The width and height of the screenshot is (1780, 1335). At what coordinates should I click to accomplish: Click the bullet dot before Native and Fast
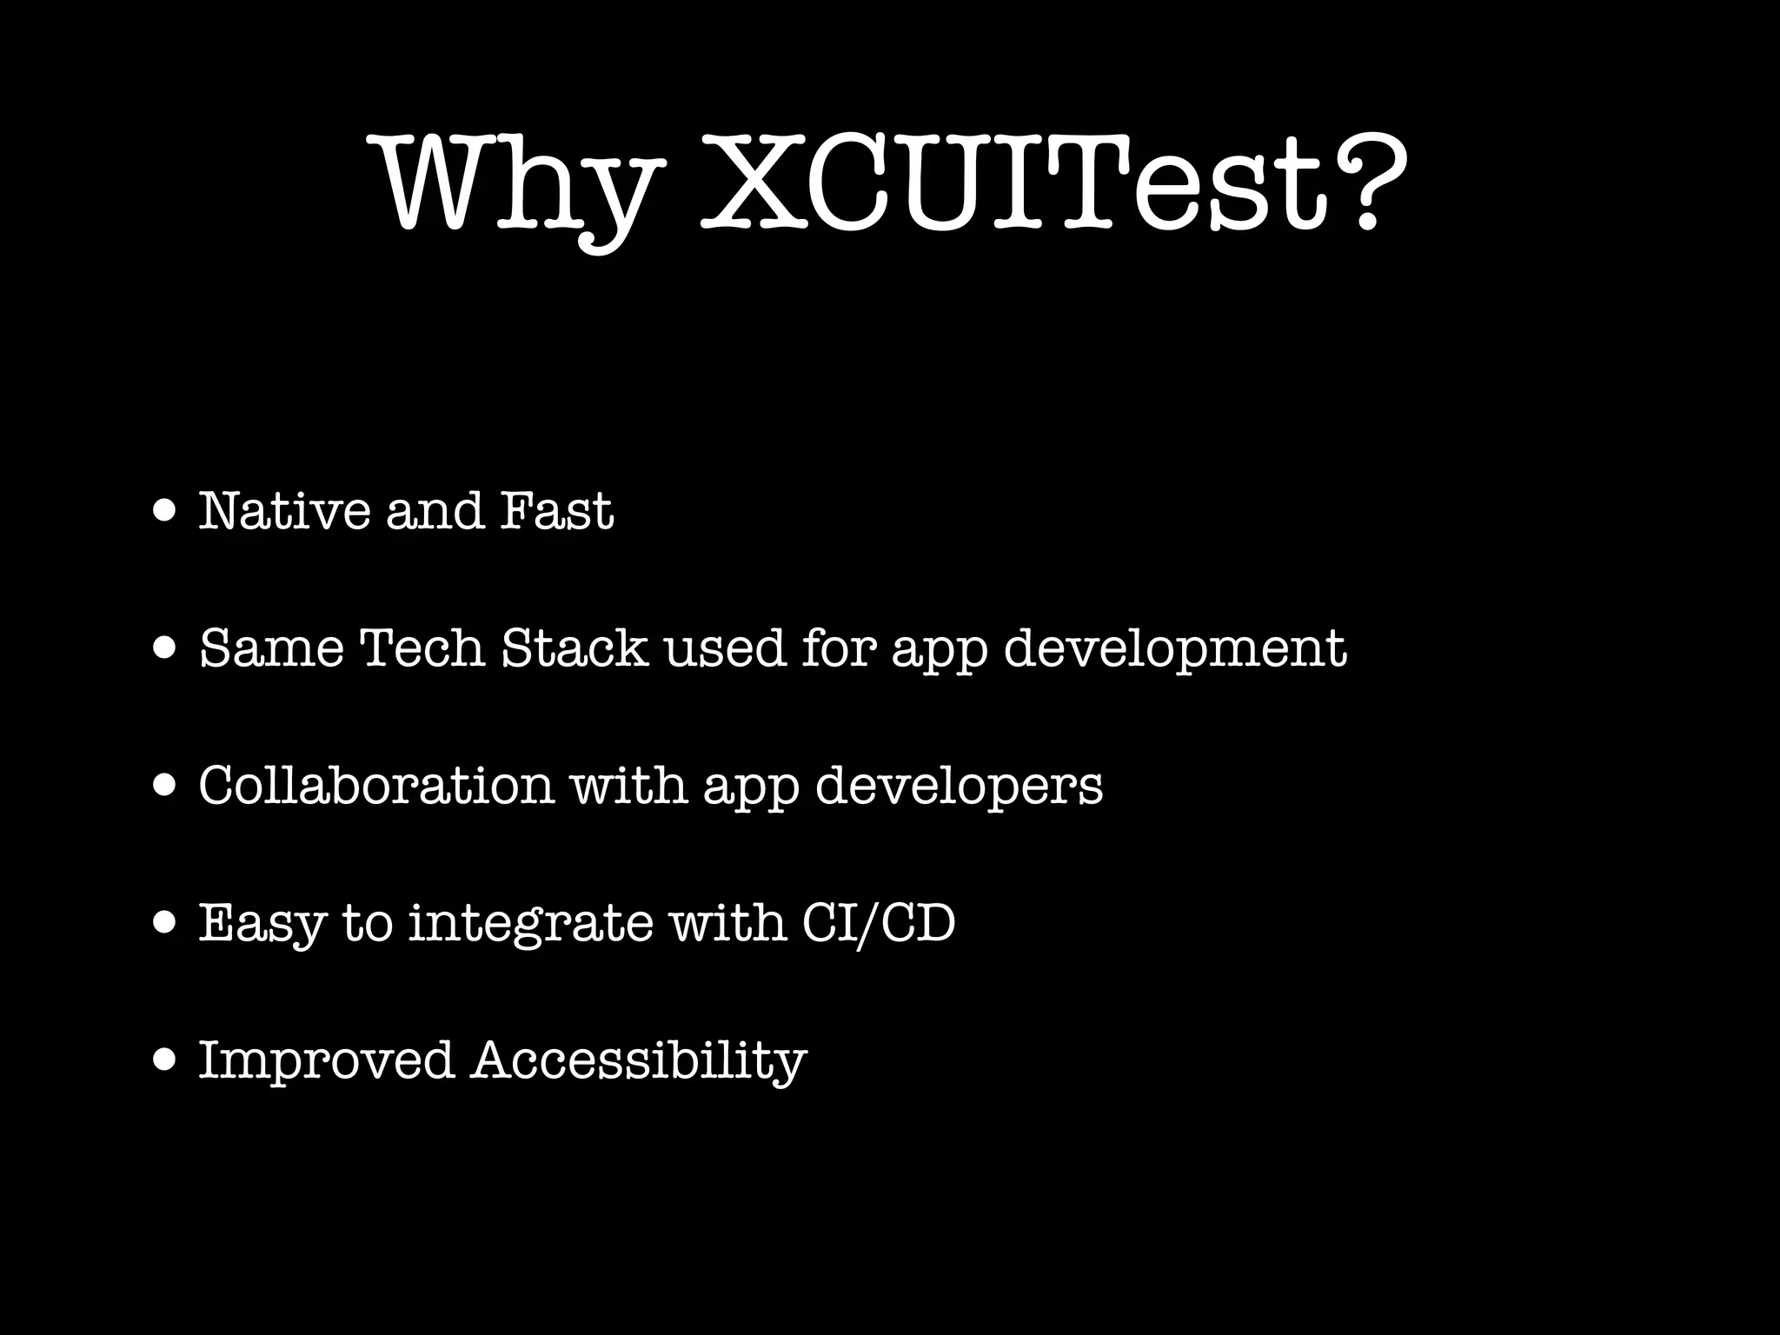(x=164, y=511)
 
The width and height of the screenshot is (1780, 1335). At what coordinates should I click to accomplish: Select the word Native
(x=284, y=511)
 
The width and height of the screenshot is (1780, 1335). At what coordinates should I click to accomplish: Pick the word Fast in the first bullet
(x=557, y=511)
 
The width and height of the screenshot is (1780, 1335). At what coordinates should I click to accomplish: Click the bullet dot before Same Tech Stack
(x=164, y=648)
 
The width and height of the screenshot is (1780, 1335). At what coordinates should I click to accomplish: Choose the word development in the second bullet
(x=1175, y=648)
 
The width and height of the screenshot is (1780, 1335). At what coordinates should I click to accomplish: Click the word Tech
(x=422, y=648)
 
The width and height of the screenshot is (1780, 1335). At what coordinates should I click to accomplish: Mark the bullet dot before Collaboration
(x=164, y=786)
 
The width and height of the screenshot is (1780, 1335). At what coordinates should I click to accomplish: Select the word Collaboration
(x=376, y=785)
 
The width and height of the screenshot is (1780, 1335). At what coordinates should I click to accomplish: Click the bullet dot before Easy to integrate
(x=164, y=923)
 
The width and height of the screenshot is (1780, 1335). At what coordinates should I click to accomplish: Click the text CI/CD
(x=878, y=923)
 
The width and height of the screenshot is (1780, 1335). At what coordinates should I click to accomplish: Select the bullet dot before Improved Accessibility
(x=164, y=1060)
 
